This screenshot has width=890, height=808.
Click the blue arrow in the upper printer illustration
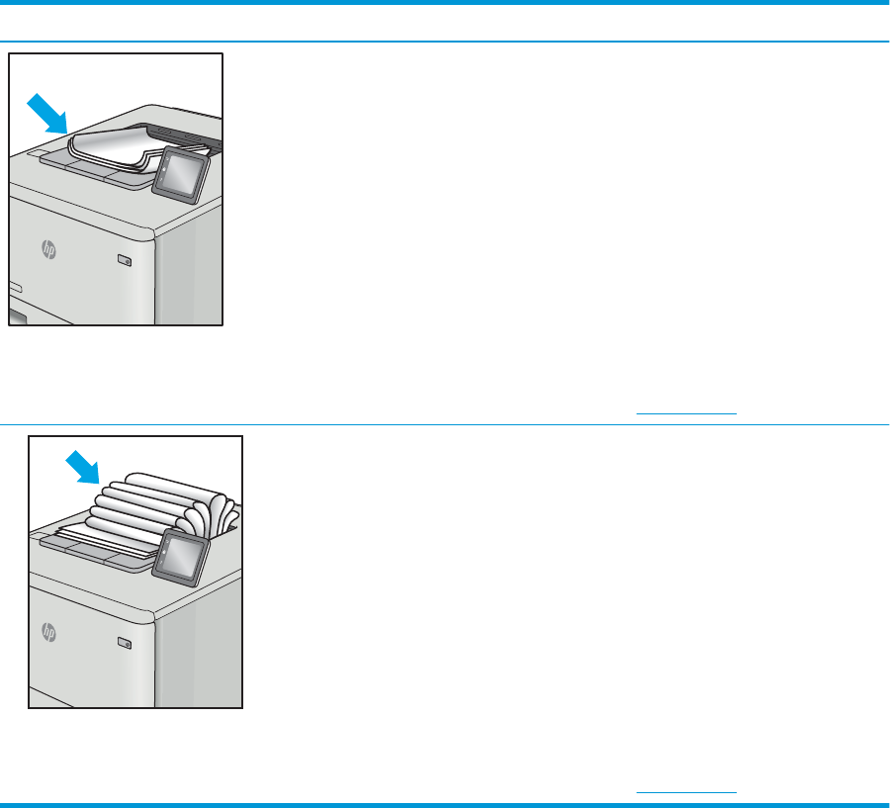click(x=48, y=114)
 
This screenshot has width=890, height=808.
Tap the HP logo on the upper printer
click(x=48, y=249)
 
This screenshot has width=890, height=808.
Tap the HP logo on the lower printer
click(x=48, y=632)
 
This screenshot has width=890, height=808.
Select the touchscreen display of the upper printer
click(x=181, y=175)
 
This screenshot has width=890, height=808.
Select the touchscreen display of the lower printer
click(x=181, y=558)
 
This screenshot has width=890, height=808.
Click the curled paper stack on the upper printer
click(x=136, y=148)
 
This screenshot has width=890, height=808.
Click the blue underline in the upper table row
click(x=686, y=413)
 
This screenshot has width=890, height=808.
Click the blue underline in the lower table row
click(x=686, y=791)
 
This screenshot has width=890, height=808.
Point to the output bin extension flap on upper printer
click(x=91, y=169)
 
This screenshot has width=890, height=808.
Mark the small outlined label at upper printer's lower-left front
click(x=15, y=287)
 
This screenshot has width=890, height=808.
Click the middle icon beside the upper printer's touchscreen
click(x=164, y=169)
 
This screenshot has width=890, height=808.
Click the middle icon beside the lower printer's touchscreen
click(x=164, y=552)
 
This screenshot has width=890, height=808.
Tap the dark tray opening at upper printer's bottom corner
click(x=18, y=317)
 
